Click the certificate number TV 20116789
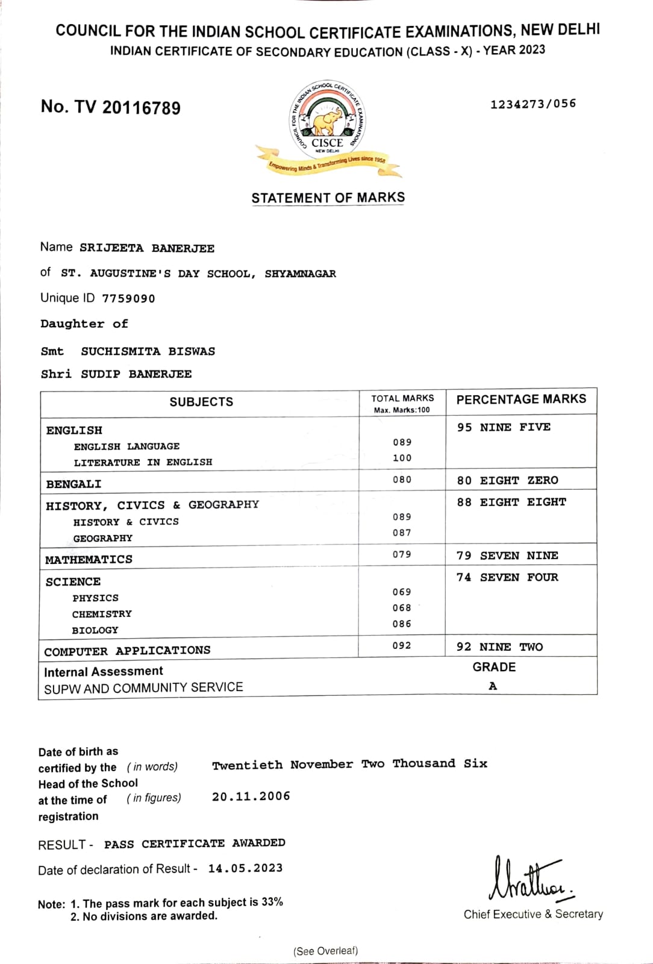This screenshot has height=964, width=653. (x=111, y=107)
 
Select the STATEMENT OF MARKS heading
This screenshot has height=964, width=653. (x=328, y=198)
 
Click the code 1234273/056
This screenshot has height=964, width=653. (x=533, y=104)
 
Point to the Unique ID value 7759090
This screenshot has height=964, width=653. (x=128, y=298)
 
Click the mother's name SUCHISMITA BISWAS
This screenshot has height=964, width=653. (x=148, y=351)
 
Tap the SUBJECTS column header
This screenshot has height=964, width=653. (x=201, y=402)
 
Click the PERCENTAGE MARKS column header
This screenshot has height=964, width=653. (x=521, y=399)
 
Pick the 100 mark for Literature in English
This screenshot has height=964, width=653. (x=402, y=458)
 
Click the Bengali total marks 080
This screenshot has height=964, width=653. (x=402, y=480)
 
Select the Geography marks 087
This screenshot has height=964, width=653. (x=402, y=533)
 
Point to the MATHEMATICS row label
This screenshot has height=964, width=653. (x=89, y=559)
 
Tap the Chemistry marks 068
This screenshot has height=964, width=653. (x=402, y=608)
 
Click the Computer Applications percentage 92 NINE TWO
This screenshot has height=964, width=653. (x=499, y=646)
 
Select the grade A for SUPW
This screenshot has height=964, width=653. (x=493, y=686)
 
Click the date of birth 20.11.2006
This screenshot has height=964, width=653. (x=251, y=796)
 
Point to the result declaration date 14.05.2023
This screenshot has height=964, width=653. (x=245, y=868)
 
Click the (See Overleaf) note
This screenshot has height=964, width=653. (x=325, y=951)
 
